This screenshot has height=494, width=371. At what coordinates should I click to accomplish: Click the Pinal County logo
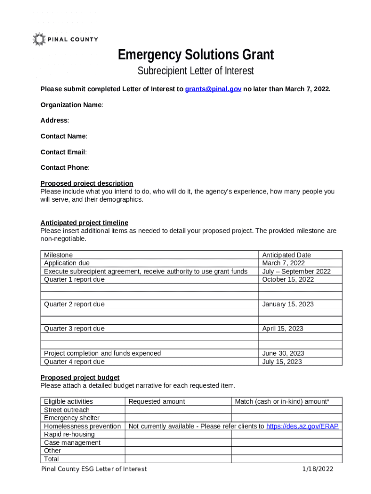tap(65, 40)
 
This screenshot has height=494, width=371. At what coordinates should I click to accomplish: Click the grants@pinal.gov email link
tap(213, 89)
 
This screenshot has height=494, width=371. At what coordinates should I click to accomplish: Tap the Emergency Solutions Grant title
tap(196, 55)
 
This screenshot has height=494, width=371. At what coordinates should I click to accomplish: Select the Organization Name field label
tap(71, 105)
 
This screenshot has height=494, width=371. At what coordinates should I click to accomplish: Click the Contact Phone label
tap(65, 168)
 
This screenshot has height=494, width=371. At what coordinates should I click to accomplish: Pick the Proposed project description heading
tap(87, 183)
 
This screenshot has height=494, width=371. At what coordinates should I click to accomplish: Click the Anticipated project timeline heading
tap(84, 223)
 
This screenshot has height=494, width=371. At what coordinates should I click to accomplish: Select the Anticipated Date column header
tap(286, 255)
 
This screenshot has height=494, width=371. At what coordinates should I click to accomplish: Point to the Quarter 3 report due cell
tap(74, 329)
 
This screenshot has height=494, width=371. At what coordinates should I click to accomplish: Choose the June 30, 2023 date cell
tap(283, 353)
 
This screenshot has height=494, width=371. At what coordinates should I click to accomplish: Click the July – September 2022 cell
tap(296, 271)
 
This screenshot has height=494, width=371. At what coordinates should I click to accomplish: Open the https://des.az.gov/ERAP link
tap(302, 426)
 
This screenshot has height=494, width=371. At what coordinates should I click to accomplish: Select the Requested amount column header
tap(157, 401)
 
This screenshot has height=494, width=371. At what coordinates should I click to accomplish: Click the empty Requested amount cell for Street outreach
tap(178, 410)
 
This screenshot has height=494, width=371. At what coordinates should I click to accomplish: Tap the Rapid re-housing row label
tap(69, 434)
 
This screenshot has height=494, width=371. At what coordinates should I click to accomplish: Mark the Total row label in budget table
tap(52, 459)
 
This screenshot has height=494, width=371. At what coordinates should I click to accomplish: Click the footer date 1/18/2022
tap(317, 469)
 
